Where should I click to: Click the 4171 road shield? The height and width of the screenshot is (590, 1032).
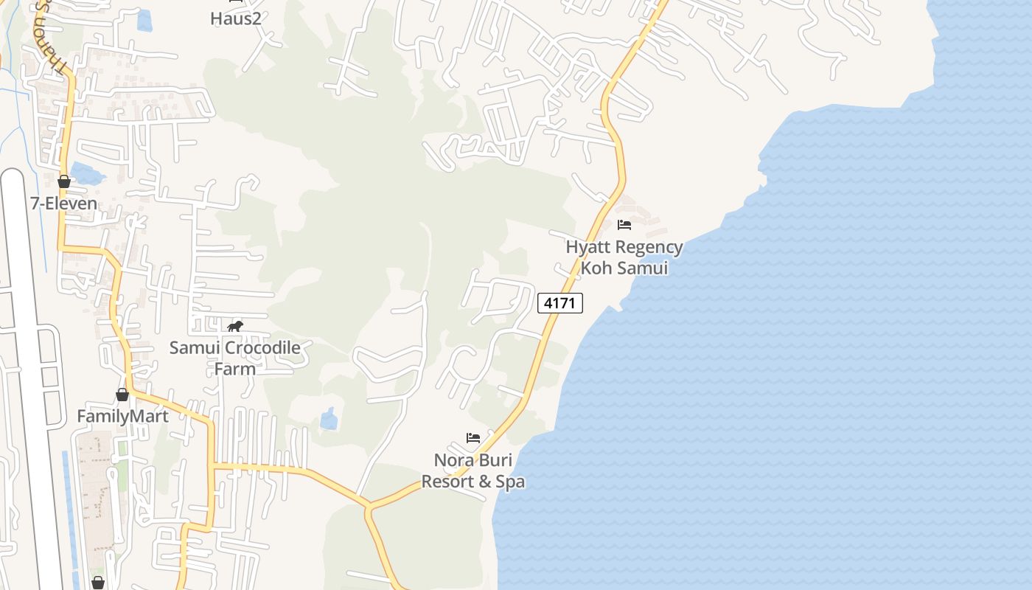point(560,302)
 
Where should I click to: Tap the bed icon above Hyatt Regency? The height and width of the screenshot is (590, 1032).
point(624,225)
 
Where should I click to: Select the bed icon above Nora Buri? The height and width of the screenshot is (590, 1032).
point(473,438)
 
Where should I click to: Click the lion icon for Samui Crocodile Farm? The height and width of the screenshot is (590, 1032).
point(235,326)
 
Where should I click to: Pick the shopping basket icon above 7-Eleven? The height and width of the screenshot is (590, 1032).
point(64,181)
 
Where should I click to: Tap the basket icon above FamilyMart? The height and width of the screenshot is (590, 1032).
point(122,395)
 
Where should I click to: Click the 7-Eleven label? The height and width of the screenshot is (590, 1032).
point(64,204)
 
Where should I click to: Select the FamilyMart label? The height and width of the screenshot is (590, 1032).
point(122,416)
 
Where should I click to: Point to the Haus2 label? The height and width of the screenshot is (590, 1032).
point(236,18)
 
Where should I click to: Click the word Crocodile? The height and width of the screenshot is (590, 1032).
point(263,347)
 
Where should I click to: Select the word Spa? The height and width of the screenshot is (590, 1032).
point(510,482)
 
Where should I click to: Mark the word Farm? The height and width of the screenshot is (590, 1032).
point(234,369)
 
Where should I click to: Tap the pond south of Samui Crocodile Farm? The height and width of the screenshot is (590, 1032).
point(329,420)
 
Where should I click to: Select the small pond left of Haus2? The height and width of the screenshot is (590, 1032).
point(144,20)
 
